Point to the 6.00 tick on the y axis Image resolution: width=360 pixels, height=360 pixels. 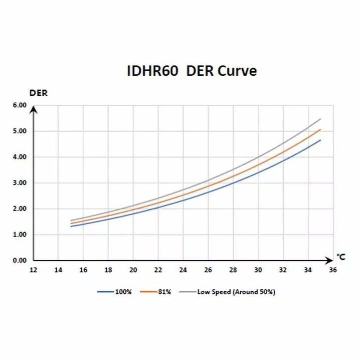[x=19, y=105]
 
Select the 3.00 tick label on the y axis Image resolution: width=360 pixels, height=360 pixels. [x=19, y=183]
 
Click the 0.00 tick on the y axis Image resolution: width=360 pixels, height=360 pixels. [x=19, y=261]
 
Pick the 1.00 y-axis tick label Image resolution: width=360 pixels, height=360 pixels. [x=19, y=235]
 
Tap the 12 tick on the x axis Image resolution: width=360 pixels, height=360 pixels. [x=33, y=270]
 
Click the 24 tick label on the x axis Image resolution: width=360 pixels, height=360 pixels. [x=183, y=270]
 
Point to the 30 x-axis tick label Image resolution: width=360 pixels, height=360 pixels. [x=258, y=270]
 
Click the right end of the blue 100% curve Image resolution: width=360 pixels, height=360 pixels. [x=320, y=140]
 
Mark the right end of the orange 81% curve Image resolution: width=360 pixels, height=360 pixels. [x=320, y=129]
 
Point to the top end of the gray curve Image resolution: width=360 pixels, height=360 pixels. [x=320, y=119]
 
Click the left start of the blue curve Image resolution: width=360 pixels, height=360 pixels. [x=71, y=227]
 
